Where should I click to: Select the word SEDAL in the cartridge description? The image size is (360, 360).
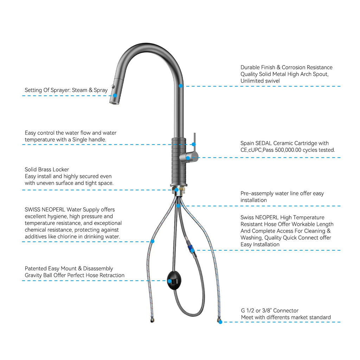(268, 143)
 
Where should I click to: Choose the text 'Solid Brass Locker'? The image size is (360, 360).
(47, 169)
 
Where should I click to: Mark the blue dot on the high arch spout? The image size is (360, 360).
(180, 86)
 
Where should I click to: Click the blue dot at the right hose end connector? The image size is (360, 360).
(220, 322)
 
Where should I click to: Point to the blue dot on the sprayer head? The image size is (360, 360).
(115, 95)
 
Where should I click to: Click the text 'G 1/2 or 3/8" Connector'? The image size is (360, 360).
(270, 311)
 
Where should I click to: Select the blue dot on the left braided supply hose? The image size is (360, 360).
(152, 241)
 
